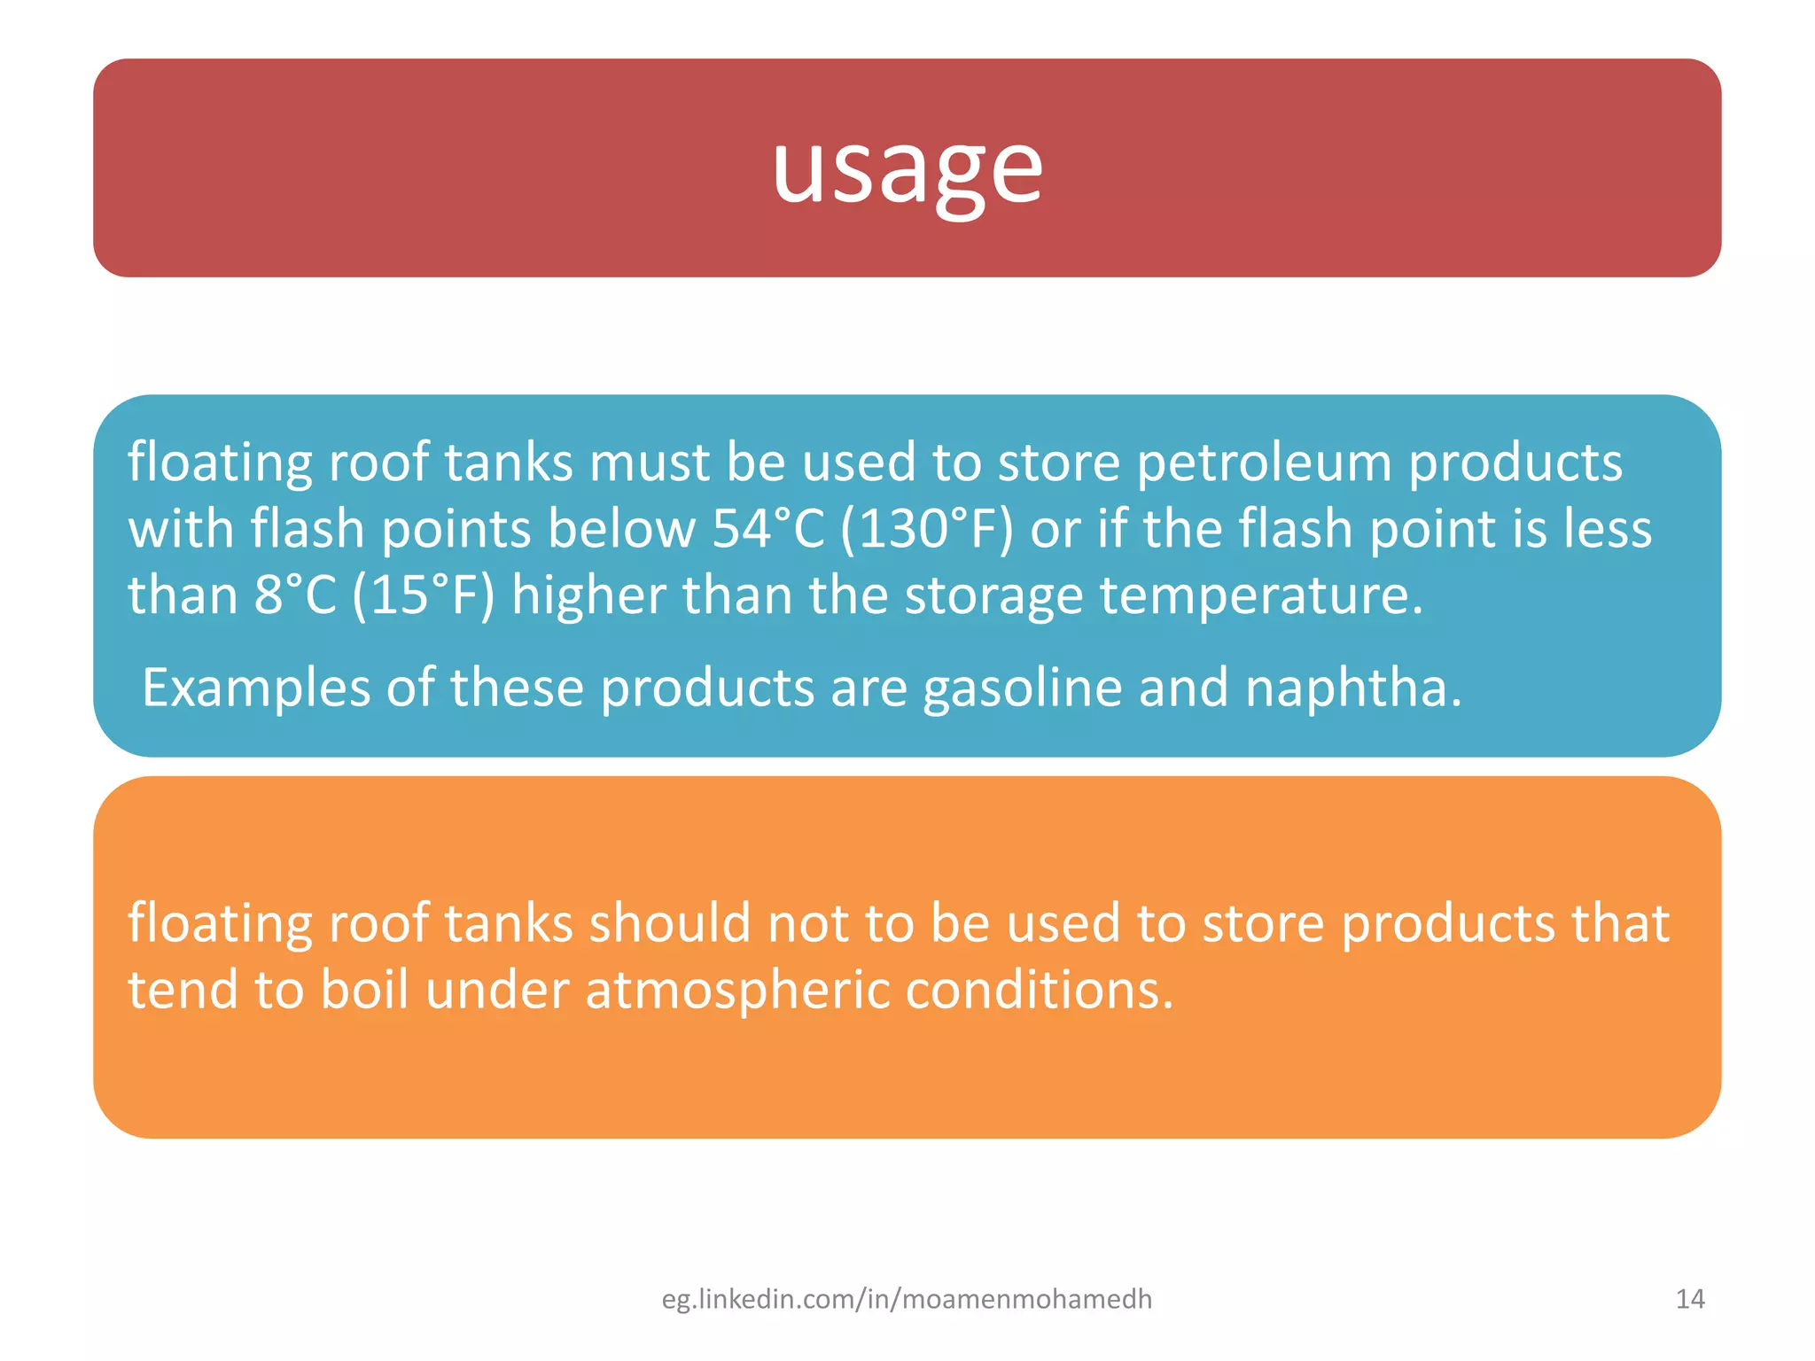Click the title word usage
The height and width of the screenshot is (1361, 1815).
(907, 168)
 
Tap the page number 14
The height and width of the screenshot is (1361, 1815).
(1690, 1299)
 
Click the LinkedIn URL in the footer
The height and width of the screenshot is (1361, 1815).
(907, 1299)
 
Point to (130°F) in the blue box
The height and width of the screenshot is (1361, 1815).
(926, 529)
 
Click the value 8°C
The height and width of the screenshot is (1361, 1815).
(295, 595)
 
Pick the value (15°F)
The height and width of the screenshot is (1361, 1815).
(423, 595)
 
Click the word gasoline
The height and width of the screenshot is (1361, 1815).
(1023, 688)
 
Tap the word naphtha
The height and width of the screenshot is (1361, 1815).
(1353, 688)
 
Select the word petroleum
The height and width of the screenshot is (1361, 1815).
(1264, 463)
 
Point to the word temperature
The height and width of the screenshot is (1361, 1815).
(1261, 595)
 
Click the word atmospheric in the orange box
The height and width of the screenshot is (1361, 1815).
(737, 990)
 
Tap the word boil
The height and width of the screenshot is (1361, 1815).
(364, 990)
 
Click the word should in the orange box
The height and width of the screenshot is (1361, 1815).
(670, 923)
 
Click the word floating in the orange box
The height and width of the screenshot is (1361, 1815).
(220, 923)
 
